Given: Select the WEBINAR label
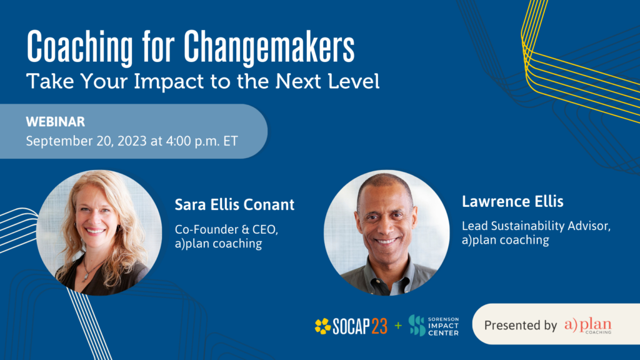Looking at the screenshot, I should pos(56,122).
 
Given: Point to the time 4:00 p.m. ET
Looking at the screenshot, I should pos(201,141).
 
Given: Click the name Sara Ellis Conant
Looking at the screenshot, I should pos(234,205).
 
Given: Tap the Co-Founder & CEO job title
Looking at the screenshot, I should pos(226,230).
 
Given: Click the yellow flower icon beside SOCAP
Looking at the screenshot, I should pos(322,326).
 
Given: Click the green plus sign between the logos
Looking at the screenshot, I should pos(397,326).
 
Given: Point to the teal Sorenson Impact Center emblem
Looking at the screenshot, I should pos(417,326).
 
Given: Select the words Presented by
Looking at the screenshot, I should pos(520,325).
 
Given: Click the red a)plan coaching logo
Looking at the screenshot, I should pos(587,325).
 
